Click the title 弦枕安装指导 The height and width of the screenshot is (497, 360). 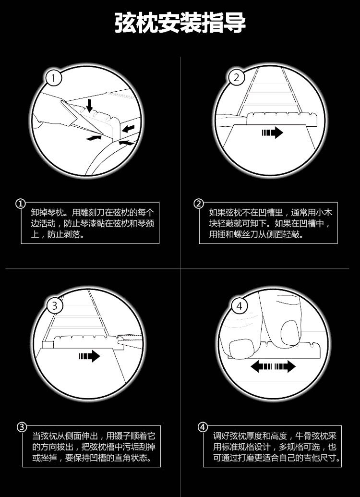coord(180,23)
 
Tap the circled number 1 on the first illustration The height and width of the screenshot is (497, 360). coord(54,78)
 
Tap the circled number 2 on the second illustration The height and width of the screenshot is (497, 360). coord(236,77)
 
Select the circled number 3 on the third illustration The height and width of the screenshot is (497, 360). coord(55,305)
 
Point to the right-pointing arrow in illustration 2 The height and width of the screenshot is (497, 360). coord(273,133)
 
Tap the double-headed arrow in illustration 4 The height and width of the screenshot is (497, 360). coord(273,367)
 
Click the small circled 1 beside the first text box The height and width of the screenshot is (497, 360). coord(21,204)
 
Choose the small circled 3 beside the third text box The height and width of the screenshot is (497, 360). coord(22,427)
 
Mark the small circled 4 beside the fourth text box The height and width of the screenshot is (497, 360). coord(203,427)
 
